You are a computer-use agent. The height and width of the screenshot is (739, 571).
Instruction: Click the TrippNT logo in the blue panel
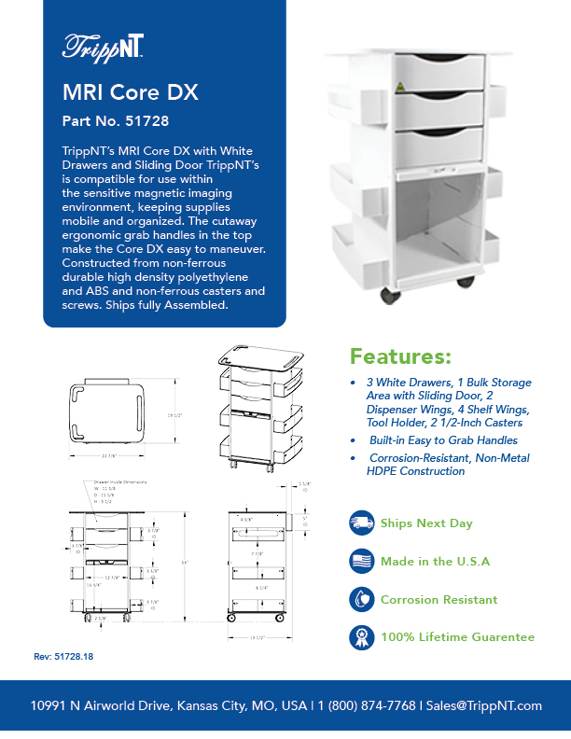tap(102, 48)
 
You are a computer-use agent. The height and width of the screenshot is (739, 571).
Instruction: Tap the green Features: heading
tap(401, 357)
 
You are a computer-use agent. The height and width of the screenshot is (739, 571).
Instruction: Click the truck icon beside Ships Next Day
tap(360, 523)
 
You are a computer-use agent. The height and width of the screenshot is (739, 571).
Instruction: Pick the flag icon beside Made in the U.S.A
tap(360, 561)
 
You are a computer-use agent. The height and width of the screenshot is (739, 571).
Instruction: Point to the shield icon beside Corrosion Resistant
tap(360, 599)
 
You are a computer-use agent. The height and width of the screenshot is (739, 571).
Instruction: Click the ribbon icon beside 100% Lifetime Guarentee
tap(360, 637)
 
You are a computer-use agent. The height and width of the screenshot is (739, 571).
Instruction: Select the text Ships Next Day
tap(426, 523)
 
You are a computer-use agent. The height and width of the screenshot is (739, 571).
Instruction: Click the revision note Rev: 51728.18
tap(63, 657)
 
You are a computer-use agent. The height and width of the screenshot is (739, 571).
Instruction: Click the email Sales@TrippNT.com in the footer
tap(484, 705)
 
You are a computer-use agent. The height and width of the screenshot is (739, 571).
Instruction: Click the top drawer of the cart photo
tap(439, 71)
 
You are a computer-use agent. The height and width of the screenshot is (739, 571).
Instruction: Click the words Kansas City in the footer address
tap(206, 705)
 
